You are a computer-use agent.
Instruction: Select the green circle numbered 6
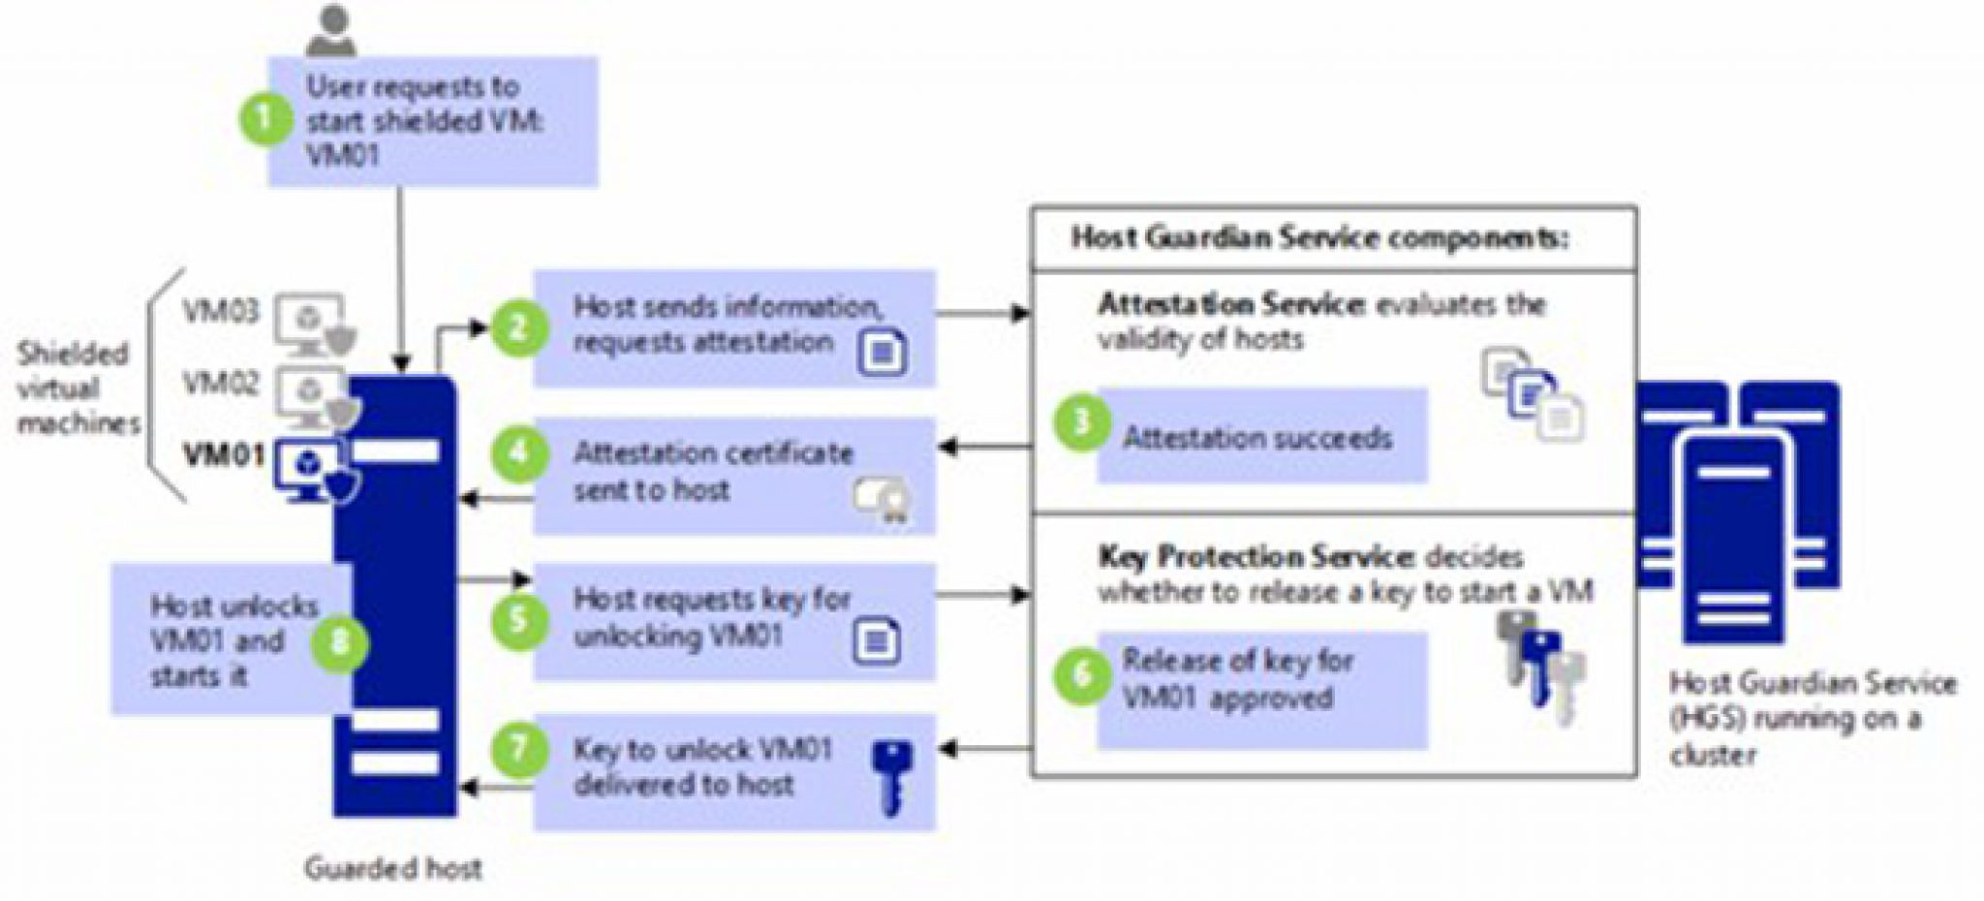(x=1082, y=672)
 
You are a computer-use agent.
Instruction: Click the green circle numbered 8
(x=339, y=641)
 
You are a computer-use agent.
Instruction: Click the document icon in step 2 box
(x=882, y=352)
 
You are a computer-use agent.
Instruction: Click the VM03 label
(x=222, y=313)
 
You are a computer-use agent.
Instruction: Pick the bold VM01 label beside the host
(x=224, y=454)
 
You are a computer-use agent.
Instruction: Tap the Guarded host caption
(x=393, y=868)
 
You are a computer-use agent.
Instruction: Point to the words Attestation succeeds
(x=1256, y=438)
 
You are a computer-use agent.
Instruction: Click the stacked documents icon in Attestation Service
(x=1534, y=395)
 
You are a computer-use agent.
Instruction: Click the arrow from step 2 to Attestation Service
(x=982, y=313)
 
